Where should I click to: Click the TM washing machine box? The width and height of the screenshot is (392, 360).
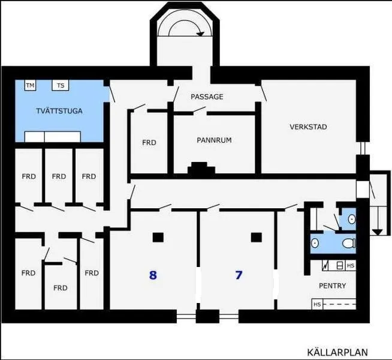pos(30,85)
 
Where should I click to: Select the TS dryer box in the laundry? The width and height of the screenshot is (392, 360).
pos(61,85)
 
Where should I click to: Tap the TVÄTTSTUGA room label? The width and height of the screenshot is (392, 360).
pos(59,111)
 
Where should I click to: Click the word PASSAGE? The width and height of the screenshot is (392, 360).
pos(207,97)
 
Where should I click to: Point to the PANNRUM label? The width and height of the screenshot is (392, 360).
pos(214,140)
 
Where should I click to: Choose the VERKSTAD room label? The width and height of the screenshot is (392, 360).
pos(308,127)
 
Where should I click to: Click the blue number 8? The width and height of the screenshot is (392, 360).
pos(153,275)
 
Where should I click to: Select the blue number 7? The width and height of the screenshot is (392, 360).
pos(239,275)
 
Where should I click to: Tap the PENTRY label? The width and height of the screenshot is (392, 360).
pos(332,286)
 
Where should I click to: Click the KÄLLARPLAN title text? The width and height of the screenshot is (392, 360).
pos(337,352)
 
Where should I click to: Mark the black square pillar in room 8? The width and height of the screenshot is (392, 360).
pos(158,238)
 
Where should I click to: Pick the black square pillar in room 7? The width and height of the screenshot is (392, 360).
pos(257,238)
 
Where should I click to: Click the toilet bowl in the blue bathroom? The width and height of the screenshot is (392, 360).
pos(349,243)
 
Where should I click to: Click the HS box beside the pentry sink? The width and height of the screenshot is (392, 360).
pos(351,265)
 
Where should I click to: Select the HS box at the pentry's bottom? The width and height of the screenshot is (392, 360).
pos(317,304)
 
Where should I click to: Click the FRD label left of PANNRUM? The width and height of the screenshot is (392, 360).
pos(149,143)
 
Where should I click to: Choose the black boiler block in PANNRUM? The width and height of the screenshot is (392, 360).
pos(201,168)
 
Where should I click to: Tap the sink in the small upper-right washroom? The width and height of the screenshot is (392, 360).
pos(352,220)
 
